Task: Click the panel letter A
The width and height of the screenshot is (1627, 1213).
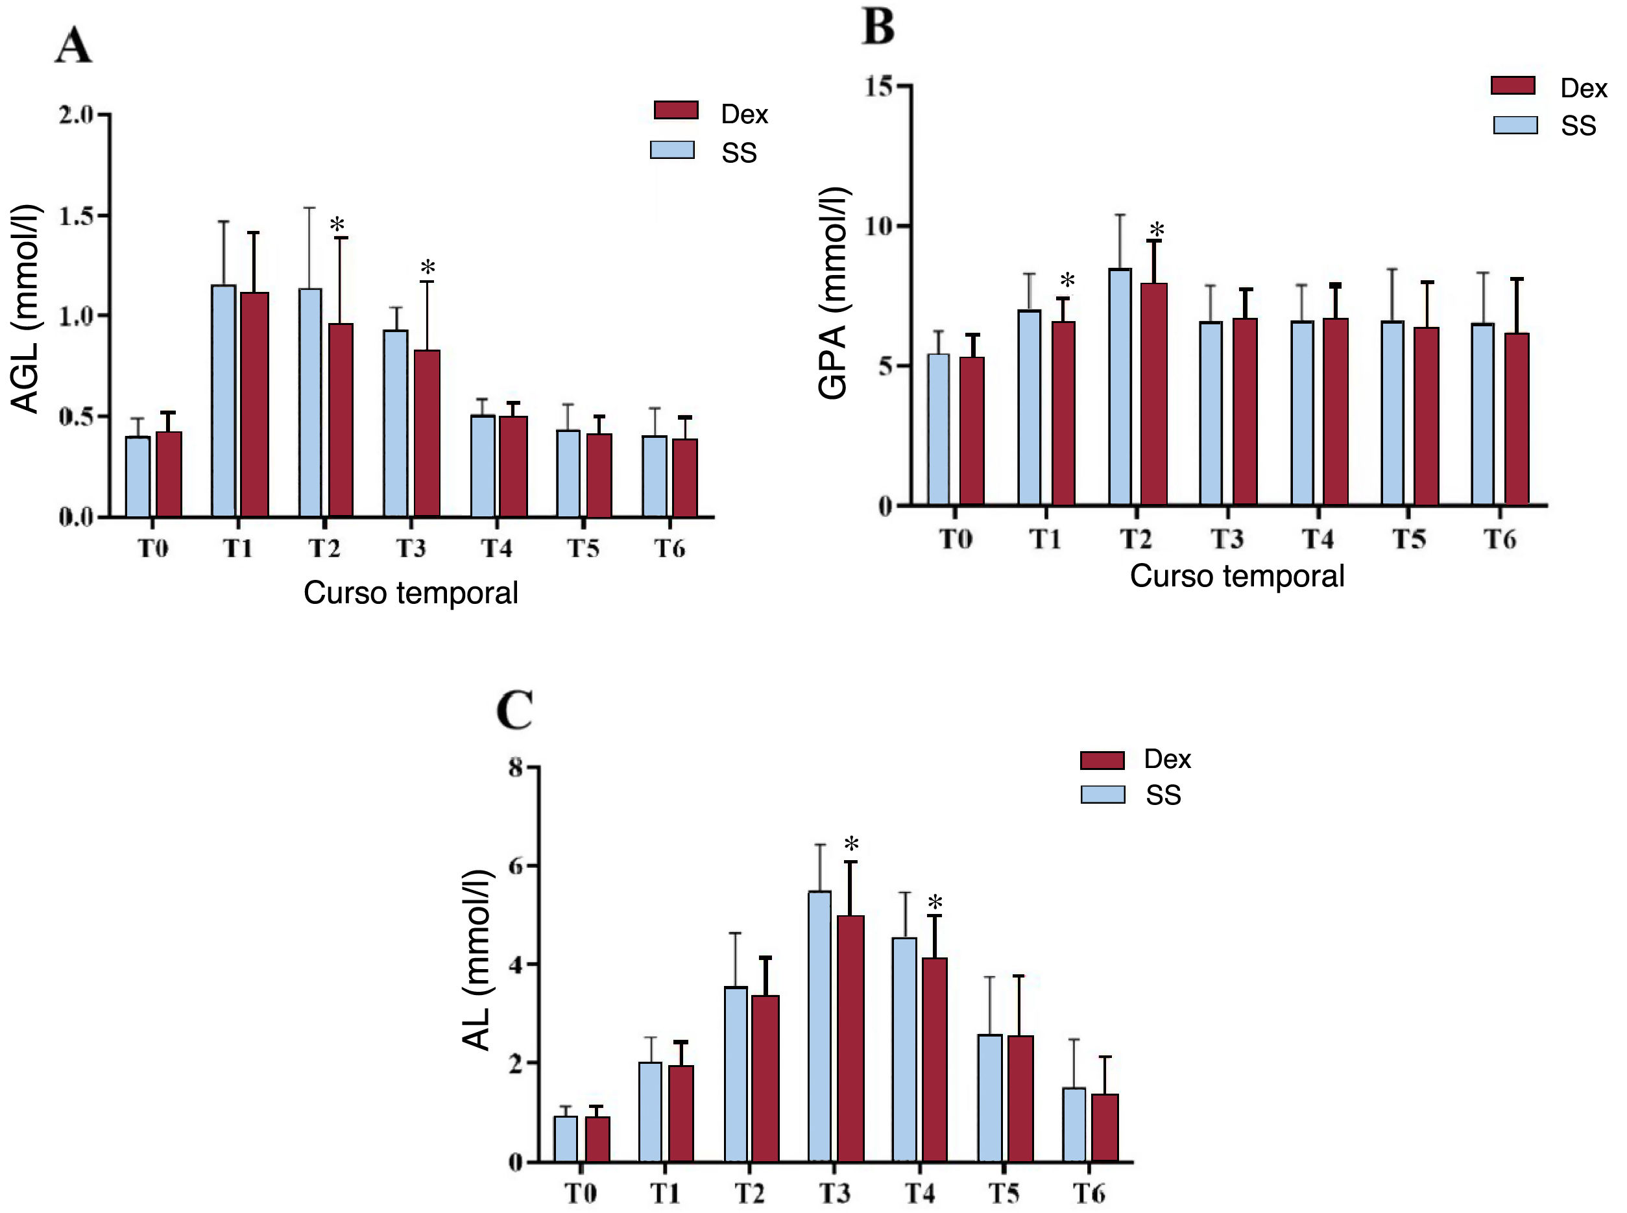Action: (x=73, y=45)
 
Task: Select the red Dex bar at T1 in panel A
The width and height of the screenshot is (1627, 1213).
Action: (x=254, y=404)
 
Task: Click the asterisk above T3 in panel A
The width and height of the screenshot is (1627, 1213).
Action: (x=428, y=267)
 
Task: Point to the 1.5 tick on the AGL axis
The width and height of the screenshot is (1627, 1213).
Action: (x=77, y=216)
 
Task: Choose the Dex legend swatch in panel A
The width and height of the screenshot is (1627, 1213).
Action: (x=675, y=111)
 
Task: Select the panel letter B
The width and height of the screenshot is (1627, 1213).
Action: (x=878, y=27)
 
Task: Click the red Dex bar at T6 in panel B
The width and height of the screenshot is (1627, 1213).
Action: (x=1516, y=418)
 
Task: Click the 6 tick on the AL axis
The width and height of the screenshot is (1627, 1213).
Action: (x=516, y=866)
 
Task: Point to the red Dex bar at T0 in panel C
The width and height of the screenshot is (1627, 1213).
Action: (x=597, y=1139)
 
